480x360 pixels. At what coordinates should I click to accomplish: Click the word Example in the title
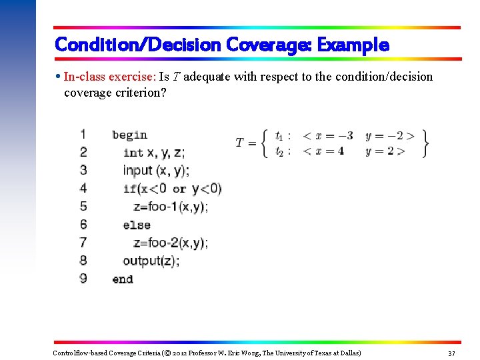pyautogui.click(x=353, y=45)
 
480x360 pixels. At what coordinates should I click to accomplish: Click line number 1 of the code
pyautogui.click(x=83, y=134)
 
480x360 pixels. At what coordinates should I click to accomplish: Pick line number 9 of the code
pyautogui.click(x=83, y=278)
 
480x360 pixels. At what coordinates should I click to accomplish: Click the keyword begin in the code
pyautogui.click(x=129, y=135)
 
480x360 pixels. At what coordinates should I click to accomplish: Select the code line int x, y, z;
pyautogui.click(x=154, y=153)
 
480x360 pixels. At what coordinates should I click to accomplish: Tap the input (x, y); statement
pyautogui.click(x=156, y=171)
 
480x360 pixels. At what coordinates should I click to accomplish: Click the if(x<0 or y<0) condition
pyautogui.click(x=172, y=189)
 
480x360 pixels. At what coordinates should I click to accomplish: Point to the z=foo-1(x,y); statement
pyautogui.click(x=171, y=207)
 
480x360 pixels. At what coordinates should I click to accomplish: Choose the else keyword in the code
pyautogui.click(x=137, y=225)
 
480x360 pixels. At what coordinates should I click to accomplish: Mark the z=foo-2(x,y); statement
pyautogui.click(x=171, y=243)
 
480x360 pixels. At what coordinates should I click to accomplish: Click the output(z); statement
pyautogui.click(x=151, y=261)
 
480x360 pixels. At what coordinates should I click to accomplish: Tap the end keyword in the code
pyautogui.click(x=123, y=279)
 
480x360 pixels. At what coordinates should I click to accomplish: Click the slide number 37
pyautogui.click(x=451, y=353)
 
